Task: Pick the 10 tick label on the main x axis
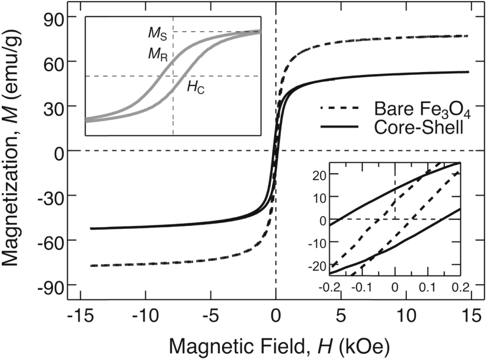407,316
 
